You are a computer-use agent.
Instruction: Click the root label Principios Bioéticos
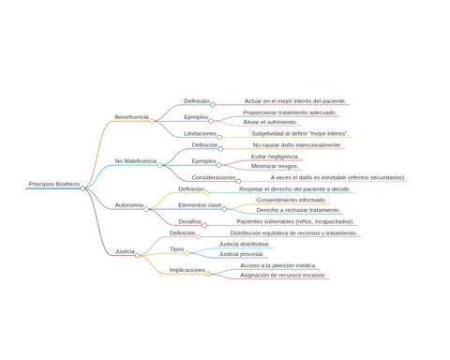54,184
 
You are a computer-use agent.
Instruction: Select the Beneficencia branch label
131,117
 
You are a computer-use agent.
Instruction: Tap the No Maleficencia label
136,161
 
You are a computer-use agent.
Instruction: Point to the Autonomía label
129,205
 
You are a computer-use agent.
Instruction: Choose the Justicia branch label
125,251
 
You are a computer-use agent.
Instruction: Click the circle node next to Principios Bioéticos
82,188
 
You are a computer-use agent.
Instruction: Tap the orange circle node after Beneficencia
152,121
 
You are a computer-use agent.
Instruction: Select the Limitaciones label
200,133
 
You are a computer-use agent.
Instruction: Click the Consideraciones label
214,177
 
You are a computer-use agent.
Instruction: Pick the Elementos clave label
200,205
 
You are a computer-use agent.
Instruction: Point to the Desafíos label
190,221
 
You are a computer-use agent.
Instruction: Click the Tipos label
176,249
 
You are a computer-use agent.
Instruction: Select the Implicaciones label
187,270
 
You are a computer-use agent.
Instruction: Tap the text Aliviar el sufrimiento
270,122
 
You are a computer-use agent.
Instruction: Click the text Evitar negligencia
275,157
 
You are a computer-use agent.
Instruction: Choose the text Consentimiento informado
292,200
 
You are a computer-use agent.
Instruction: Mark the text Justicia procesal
241,254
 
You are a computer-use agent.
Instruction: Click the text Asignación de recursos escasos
283,275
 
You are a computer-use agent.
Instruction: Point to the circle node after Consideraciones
238,181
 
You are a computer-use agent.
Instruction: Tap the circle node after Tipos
187,253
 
